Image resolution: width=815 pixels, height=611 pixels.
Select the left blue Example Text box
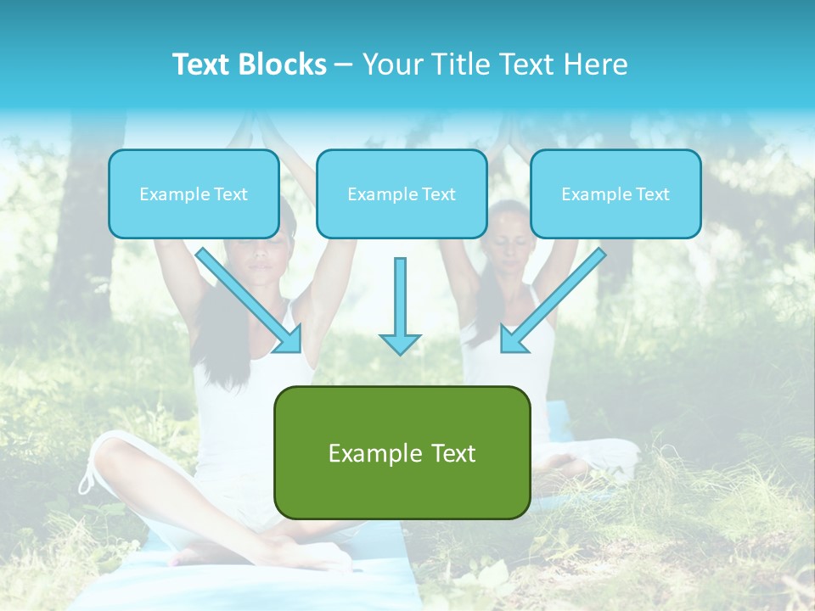click(x=194, y=193)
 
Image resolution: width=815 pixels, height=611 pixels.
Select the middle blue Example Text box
click(x=402, y=193)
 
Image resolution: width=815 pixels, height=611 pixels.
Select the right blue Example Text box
click(x=615, y=193)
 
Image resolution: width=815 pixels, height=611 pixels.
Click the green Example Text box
click(x=402, y=452)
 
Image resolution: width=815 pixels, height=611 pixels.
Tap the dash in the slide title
click(x=344, y=65)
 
